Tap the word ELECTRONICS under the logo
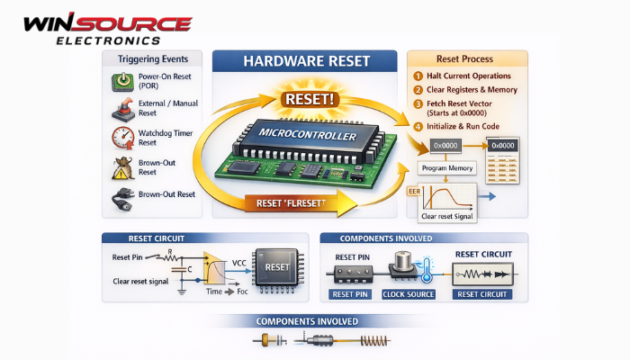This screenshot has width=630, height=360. (x=109, y=40)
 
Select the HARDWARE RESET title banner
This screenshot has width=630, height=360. (x=305, y=61)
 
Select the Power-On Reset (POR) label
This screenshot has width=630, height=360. (x=163, y=82)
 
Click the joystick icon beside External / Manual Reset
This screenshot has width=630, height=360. (x=121, y=110)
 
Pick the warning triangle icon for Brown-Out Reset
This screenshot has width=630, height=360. (x=121, y=168)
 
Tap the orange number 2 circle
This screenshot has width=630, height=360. (x=418, y=91)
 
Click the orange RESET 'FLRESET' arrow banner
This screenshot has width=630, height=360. (x=288, y=203)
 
